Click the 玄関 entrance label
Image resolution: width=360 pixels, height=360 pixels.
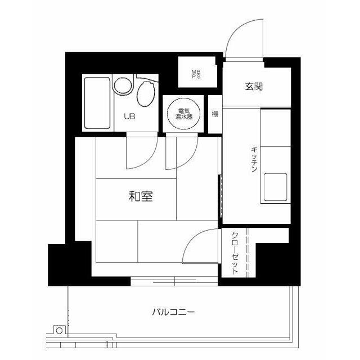pos(254,87)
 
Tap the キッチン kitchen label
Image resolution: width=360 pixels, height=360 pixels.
pos(254,159)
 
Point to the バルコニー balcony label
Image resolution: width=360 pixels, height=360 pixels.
pos(173,312)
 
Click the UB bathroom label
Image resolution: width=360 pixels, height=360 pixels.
pos(129,117)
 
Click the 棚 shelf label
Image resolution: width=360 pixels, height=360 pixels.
pos(215,114)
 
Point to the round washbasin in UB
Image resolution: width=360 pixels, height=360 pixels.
pos(121,86)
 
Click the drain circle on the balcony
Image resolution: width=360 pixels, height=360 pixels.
pos(58,331)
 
